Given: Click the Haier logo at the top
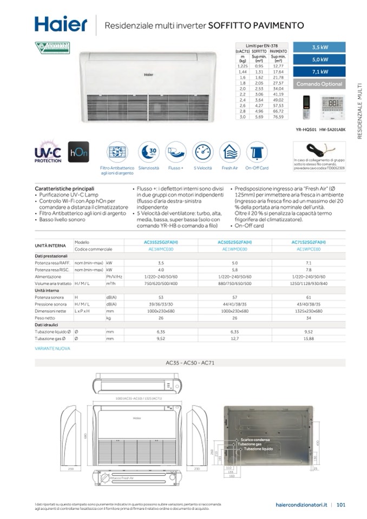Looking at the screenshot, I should coord(61,24).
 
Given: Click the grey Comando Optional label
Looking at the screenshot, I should coord(320,84).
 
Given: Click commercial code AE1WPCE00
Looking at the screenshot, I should coord(309,249).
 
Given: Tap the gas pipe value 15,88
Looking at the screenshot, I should coord(309,338).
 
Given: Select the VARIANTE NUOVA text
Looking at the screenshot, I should coord(53,349).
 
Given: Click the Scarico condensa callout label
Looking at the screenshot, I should coord(255,439).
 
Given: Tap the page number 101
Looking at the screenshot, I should coord(341,505).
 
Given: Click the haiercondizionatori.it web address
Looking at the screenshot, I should coord(301,505).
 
